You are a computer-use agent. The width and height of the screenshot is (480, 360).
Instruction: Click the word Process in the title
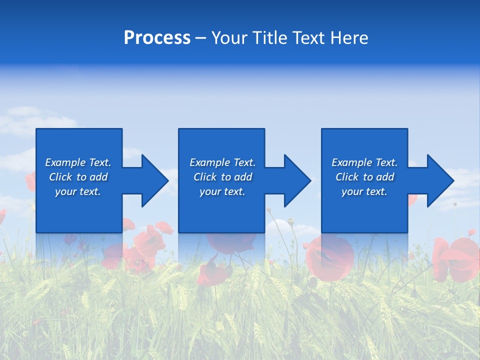[157, 38]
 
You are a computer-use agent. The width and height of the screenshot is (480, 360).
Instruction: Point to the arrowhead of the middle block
[296, 180]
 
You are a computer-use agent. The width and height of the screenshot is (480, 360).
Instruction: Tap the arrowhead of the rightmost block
[439, 180]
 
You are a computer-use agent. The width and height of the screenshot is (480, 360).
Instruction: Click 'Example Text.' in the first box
[78, 162]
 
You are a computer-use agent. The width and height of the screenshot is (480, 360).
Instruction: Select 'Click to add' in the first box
[78, 177]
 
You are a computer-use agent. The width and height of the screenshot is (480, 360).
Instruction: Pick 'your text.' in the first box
[78, 191]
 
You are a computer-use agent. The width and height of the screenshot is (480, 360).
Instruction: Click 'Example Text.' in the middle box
[222, 162]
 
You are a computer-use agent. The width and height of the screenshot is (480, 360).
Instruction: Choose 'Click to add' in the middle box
[222, 177]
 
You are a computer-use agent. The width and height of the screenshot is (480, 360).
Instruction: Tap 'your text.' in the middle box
[222, 191]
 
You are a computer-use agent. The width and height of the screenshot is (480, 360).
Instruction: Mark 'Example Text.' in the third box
[364, 162]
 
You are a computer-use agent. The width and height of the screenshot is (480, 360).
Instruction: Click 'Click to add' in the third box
[364, 177]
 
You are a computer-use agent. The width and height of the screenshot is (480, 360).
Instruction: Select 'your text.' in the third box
[364, 191]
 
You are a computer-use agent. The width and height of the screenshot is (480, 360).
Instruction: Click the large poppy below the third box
[330, 257]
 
